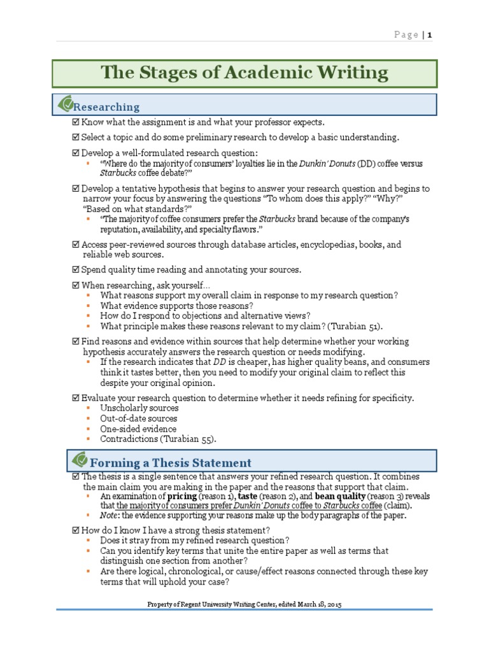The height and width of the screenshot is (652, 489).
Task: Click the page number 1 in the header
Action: tap(430, 34)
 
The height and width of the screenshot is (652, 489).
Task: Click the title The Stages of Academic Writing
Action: tap(244, 73)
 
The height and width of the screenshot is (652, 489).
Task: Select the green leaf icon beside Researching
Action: tap(66, 104)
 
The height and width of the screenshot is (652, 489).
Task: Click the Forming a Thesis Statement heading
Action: tap(170, 463)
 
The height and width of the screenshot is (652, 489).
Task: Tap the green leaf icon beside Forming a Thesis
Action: tap(80, 460)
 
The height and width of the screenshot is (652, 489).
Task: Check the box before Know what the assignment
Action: tap(76, 122)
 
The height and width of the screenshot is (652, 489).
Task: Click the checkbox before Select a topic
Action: tap(76, 138)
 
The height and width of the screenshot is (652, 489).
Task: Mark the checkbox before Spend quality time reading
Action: tap(76, 270)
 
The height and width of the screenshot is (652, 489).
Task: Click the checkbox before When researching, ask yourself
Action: tap(76, 285)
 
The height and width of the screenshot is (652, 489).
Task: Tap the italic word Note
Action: tap(109, 516)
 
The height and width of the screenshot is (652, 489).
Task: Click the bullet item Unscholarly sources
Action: tap(139, 408)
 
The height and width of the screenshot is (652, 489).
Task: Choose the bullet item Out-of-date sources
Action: tap(139, 418)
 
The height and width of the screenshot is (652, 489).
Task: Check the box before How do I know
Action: tap(76, 530)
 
